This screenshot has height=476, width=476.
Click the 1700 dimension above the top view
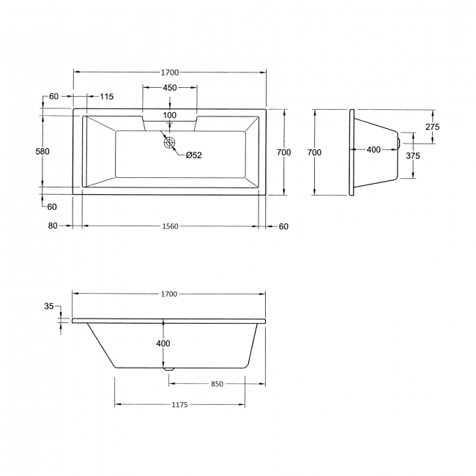click(x=169, y=72)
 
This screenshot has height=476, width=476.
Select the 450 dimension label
click(x=169, y=87)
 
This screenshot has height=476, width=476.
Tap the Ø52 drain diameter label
click(x=193, y=155)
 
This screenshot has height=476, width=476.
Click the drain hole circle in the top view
click(x=170, y=142)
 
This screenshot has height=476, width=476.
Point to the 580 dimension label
click(x=42, y=152)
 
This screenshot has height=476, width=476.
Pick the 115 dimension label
click(x=106, y=97)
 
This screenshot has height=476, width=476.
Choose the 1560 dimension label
click(x=169, y=226)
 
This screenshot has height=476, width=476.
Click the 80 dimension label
click(x=53, y=226)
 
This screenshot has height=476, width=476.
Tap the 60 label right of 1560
click(x=283, y=226)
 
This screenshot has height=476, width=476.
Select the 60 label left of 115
click(x=54, y=97)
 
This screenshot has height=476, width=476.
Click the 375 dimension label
click(x=413, y=155)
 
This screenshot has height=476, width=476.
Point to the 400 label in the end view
click(x=373, y=149)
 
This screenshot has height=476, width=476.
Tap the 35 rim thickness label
click(x=49, y=307)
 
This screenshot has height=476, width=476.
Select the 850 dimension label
click(x=217, y=383)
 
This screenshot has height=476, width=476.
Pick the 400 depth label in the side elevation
click(x=163, y=343)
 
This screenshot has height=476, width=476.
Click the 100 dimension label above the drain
click(x=169, y=115)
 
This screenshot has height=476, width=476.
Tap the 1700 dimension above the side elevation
click(x=169, y=294)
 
